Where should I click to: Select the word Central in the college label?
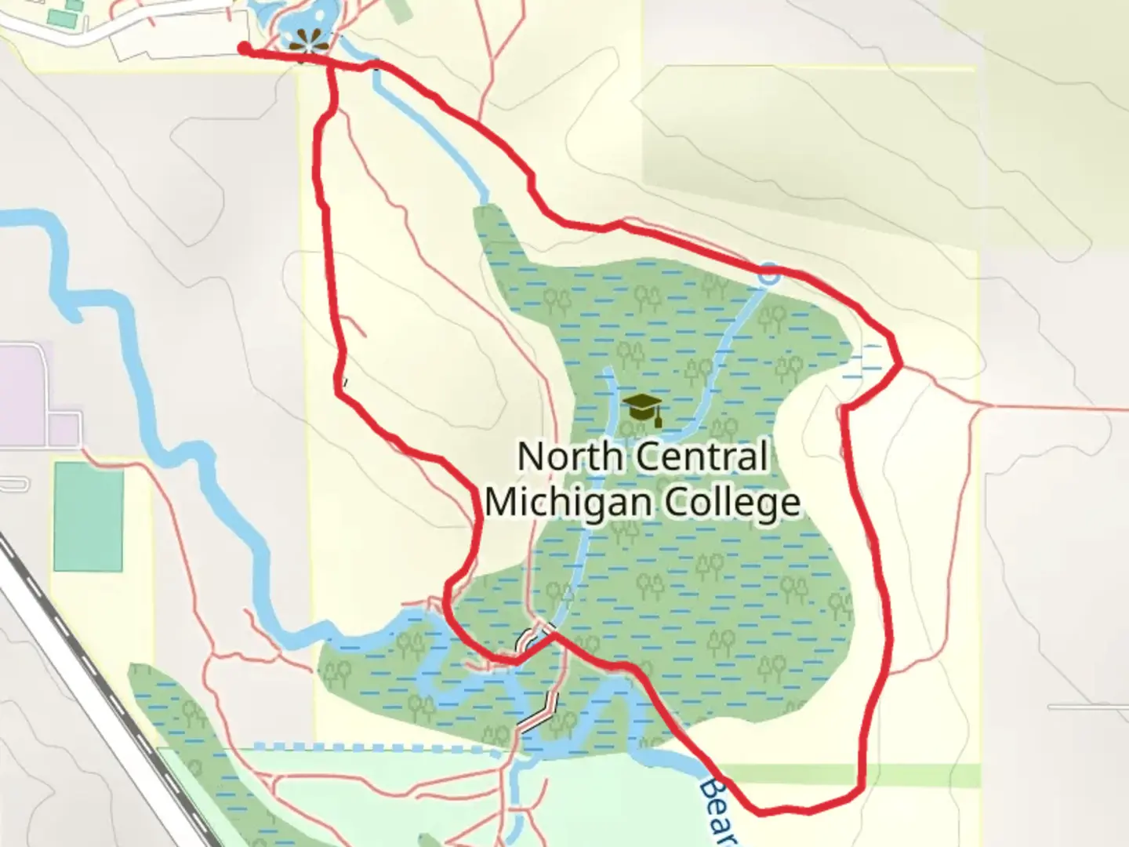702,456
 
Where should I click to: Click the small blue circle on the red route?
769,274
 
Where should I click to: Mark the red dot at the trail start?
244,49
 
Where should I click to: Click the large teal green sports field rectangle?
88,516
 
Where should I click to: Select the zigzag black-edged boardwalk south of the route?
539,714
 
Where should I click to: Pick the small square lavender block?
64,429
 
